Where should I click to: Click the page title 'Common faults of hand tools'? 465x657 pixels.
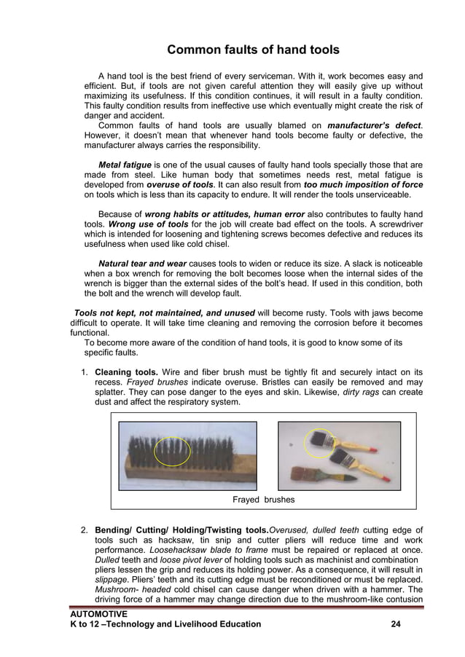pyautogui.click(x=253, y=50)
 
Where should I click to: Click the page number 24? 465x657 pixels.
pyautogui.click(x=396, y=624)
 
